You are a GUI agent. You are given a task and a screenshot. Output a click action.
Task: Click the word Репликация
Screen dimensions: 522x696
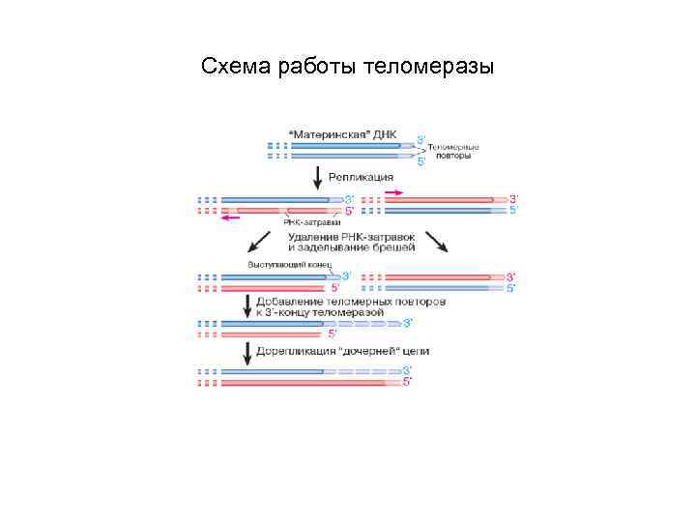(x=361, y=177)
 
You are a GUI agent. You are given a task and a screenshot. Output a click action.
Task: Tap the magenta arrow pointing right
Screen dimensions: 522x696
(x=395, y=193)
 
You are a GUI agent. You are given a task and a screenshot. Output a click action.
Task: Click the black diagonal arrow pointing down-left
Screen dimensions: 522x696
(x=259, y=242)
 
